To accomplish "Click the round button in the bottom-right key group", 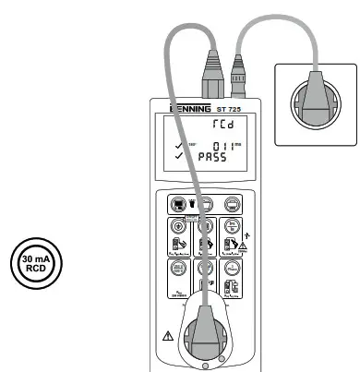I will [234, 270].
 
